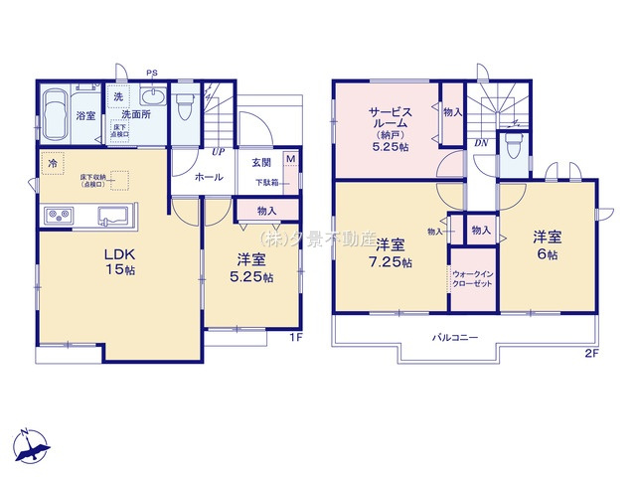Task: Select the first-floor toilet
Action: point(184,104)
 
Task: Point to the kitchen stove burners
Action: point(57,215)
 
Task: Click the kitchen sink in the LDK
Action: point(111,216)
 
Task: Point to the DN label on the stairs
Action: point(480,143)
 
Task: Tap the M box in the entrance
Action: point(289,159)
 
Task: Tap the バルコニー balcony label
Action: point(455,339)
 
